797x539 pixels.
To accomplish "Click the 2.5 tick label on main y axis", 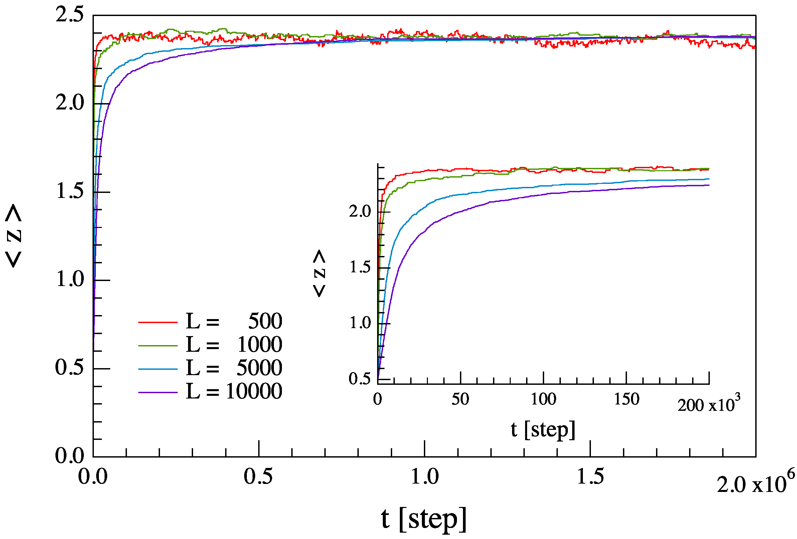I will tap(69, 15).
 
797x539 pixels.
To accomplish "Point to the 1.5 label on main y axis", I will tap(70, 191).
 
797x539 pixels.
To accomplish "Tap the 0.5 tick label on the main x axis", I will tap(258, 477).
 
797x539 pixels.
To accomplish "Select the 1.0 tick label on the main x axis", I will tap(425, 477).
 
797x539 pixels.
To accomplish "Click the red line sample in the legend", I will tap(158, 322).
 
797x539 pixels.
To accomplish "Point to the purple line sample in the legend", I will tap(158, 392).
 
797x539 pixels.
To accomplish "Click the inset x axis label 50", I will tap(460, 399).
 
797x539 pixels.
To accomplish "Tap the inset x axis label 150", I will tap(627, 399).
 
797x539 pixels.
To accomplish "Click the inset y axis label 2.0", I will tap(360, 211).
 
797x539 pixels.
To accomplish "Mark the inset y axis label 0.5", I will tap(360, 379).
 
